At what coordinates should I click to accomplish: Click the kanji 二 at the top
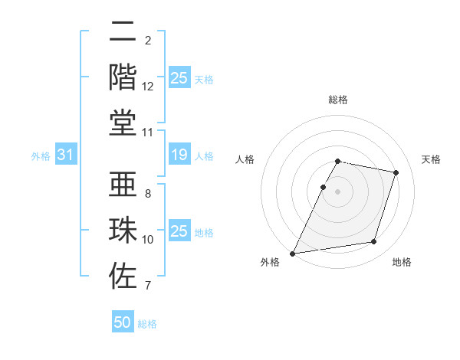pos(123,32)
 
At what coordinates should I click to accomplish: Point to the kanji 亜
pos(123,185)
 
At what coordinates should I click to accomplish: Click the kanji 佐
pos(123,274)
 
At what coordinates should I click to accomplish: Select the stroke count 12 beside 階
pos(148,87)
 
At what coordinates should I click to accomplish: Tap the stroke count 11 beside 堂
pos(148,133)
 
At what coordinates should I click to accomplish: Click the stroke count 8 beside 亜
pos(148,195)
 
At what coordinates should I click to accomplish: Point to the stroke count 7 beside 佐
pos(148,286)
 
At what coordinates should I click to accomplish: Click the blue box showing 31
pos(65,155)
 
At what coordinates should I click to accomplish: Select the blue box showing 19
pos(179,155)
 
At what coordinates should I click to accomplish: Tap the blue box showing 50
pos(123,322)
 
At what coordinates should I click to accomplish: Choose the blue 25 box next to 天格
pos(179,78)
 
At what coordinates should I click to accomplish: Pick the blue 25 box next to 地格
pos(179,231)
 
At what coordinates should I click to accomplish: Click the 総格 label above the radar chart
pos(338,100)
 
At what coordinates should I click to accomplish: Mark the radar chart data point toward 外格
pos(293,253)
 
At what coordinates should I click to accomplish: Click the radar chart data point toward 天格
pos(396,173)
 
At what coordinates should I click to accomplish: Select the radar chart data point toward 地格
pos(373,242)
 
